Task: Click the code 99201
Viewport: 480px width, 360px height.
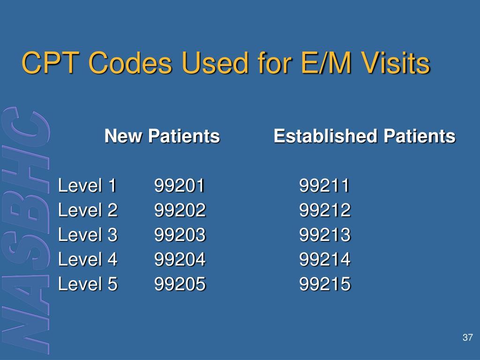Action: coord(180,186)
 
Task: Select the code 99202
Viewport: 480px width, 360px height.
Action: coord(180,210)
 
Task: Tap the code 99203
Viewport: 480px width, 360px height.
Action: coord(180,235)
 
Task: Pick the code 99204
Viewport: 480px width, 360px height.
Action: coord(180,259)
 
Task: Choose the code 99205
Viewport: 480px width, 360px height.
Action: coord(180,284)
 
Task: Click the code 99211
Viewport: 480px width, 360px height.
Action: coord(324,186)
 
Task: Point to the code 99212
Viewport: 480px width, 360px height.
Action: coord(325,210)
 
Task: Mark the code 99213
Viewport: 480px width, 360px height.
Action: coord(325,235)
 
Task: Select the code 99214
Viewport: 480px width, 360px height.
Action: coord(325,259)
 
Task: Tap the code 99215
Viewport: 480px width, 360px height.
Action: coord(325,284)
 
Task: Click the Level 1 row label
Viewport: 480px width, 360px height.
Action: coord(87,186)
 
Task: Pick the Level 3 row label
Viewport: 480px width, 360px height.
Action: coord(88,235)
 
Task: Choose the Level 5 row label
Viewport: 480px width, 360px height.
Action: coord(88,284)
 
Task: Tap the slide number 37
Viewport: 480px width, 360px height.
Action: coord(467,337)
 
